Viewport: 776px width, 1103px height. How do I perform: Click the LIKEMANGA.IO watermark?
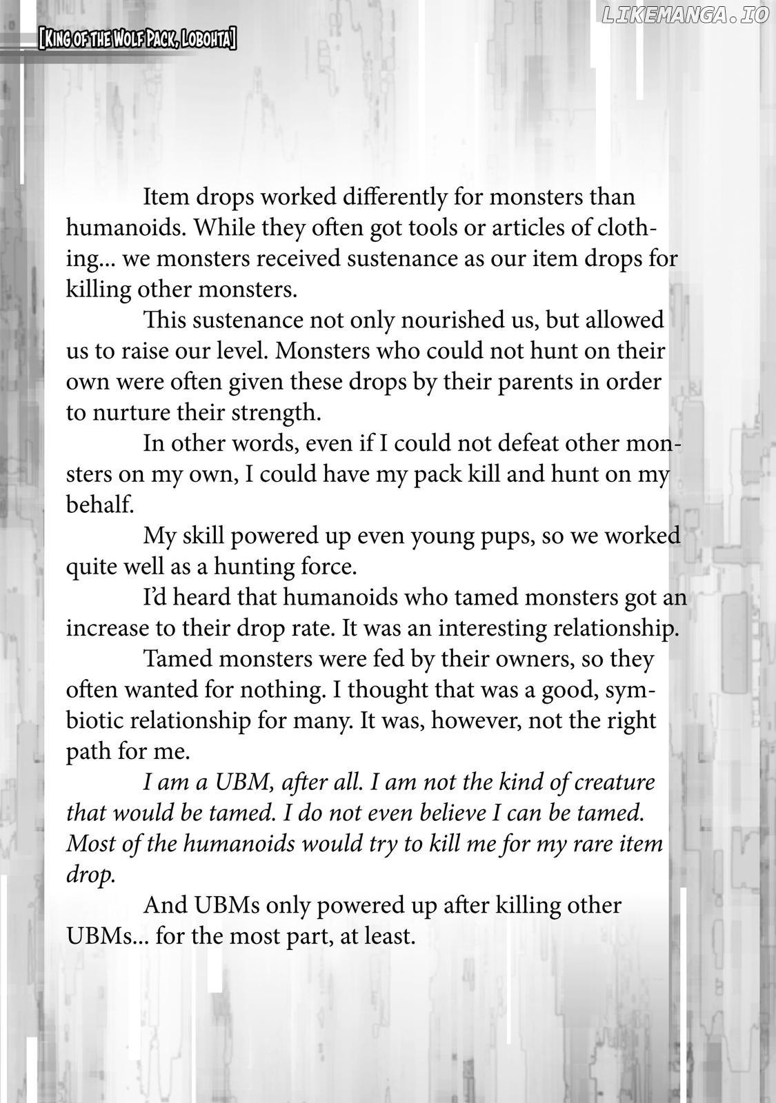(x=684, y=15)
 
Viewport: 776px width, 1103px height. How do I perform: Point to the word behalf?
(x=99, y=505)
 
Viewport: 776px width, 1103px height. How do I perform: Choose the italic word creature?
(x=614, y=782)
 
